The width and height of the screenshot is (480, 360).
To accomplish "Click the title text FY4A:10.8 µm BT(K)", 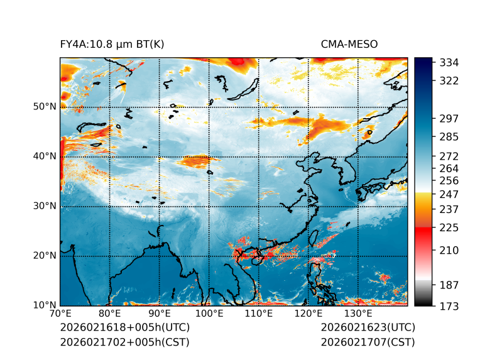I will point(112,44).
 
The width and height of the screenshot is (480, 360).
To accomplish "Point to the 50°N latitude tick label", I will point(45,107).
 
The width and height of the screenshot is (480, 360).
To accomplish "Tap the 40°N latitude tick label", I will point(45,156).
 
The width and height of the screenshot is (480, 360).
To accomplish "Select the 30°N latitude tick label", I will point(45,206).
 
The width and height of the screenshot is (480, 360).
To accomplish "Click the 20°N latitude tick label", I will point(45,256).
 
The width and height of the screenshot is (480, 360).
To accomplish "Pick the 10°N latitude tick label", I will point(45,305).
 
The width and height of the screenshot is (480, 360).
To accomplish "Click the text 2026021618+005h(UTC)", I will point(124,328).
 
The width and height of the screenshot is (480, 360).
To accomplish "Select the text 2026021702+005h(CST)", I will point(124,342).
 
